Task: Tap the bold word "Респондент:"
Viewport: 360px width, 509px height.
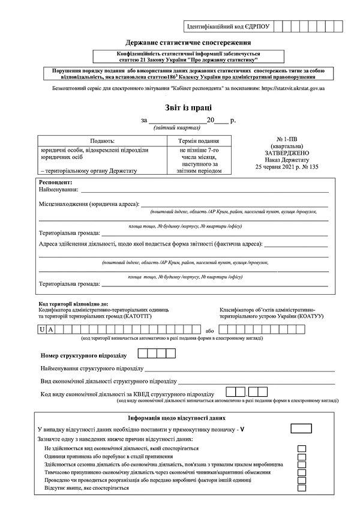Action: tap(55, 181)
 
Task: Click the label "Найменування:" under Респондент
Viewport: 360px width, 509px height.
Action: tap(59, 189)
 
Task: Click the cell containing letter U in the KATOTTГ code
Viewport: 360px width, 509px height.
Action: tap(41, 330)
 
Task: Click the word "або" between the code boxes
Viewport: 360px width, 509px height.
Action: tap(209, 331)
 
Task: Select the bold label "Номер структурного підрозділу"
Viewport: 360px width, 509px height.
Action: tap(83, 355)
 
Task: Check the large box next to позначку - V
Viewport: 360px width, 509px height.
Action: tap(301, 429)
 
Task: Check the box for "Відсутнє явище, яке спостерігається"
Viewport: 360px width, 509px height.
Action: tap(302, 488)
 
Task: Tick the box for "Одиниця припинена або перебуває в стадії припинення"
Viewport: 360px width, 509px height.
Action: tap(302, 457)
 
